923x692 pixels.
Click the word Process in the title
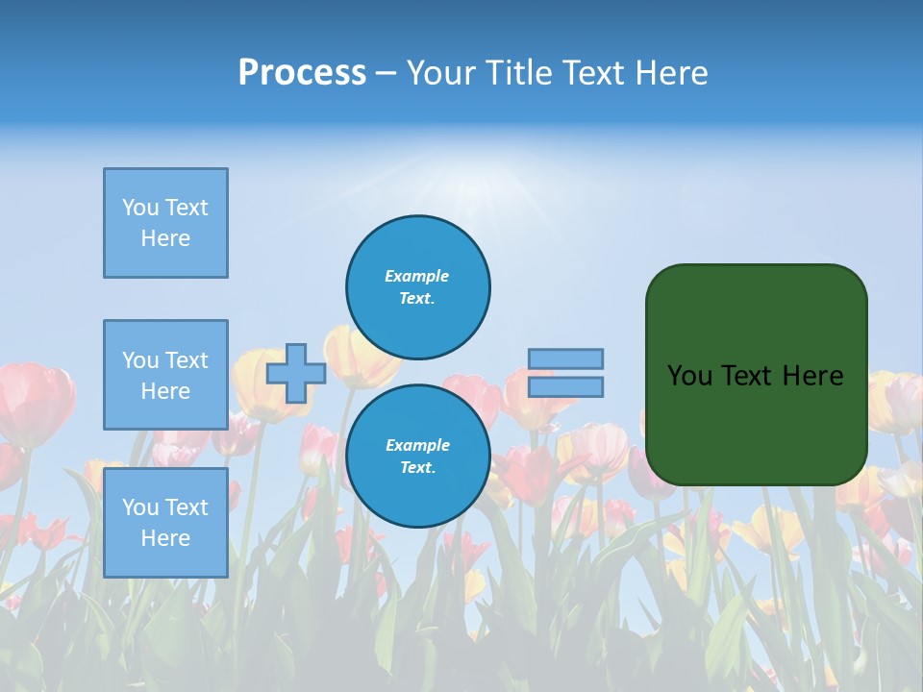click(x=302, y=73)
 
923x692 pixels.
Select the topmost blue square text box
click(x=165, y=223)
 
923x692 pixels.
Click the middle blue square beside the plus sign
click(x=165, y=375)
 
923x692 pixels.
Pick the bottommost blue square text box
click(x=165, y=523)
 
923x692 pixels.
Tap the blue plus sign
click(x=295, y=373)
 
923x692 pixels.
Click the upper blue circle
click(x=417, y=287)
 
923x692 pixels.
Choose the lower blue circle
click(x=417, y=457)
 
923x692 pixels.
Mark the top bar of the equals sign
click(x=565, y=358)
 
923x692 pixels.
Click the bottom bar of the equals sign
click(x=565, y=386)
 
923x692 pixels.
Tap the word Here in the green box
click(x=812, y=376)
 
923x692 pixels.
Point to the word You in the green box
click(x=689, y=376)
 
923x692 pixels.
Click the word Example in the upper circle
click(x=417, y=276)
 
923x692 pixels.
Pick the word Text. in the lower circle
click(x=417, y=468)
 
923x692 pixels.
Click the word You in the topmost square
click(x=140, y=208)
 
